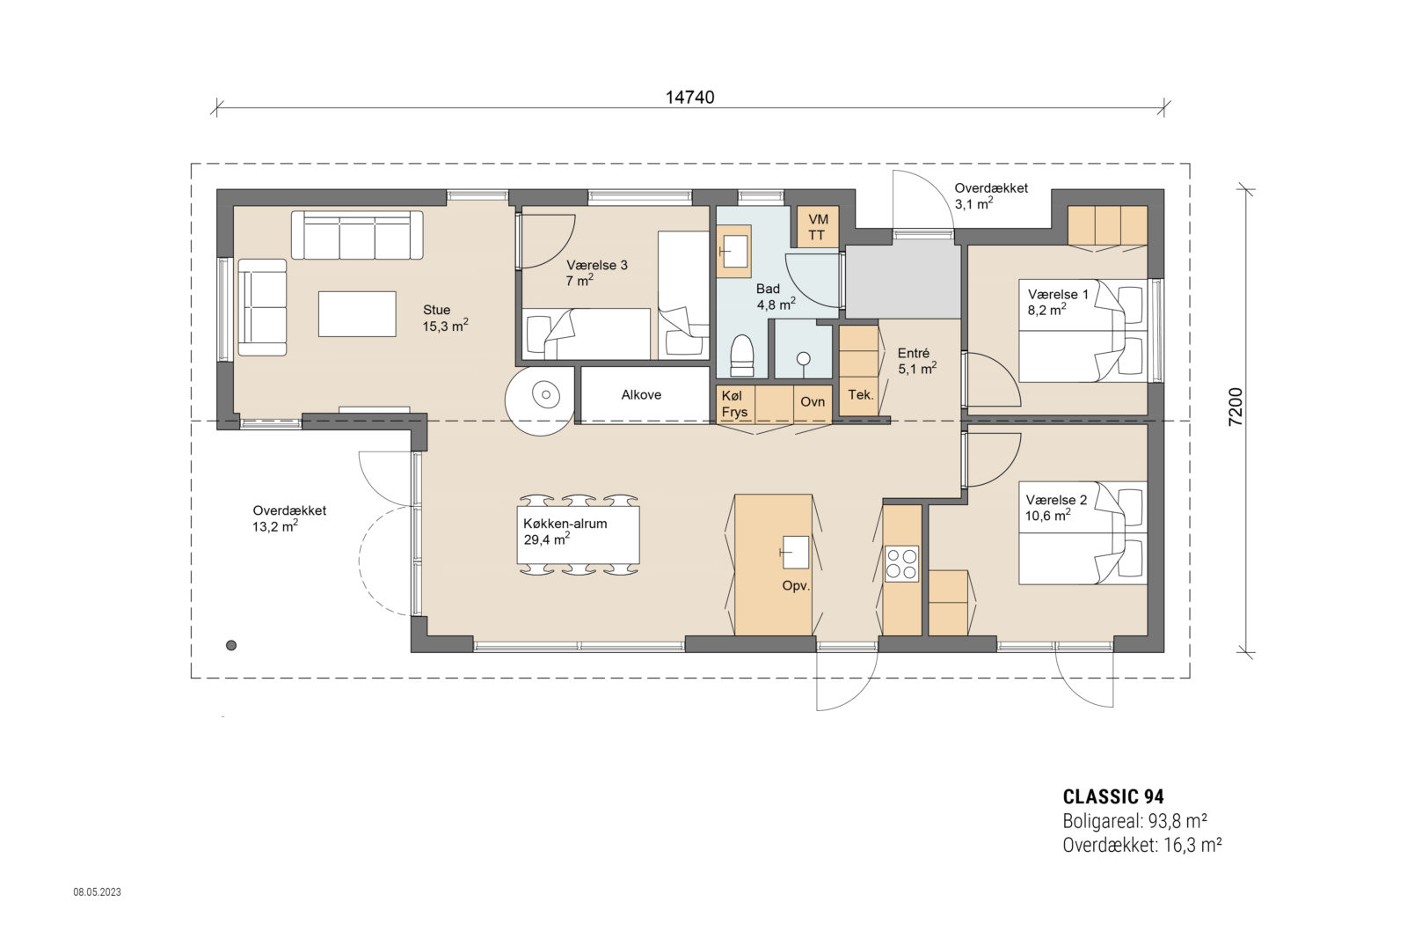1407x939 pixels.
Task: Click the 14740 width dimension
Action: (689, 98)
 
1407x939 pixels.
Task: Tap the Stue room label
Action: (437, 310)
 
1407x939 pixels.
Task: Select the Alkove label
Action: (641, 395)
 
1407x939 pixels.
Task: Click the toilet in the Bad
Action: (743, 356)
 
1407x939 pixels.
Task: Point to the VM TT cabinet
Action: (817, 227)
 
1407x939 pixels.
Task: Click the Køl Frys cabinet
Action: (735, 405)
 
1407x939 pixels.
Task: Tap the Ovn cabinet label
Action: (813, 401)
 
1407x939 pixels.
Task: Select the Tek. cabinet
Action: (860, 395)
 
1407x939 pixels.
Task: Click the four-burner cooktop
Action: (901, 563)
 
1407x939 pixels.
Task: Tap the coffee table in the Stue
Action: (357, 313)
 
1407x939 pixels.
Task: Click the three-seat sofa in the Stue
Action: (356, 235)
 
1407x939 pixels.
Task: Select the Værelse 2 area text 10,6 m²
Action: (1047, 517)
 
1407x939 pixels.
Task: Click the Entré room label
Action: (914, 353)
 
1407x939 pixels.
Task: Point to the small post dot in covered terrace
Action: (231, 645)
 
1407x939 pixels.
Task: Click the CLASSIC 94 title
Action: (1113, 797)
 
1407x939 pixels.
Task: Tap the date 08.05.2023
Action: (97, 892)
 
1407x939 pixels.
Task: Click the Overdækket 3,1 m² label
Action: (990, 196)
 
